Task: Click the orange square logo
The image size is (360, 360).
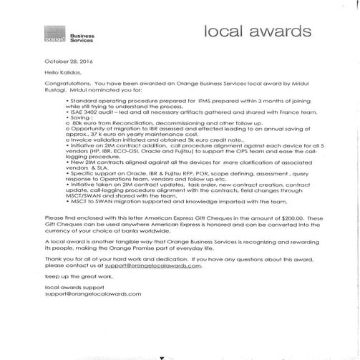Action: (37, 33)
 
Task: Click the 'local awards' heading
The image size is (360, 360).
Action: (258, 32)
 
